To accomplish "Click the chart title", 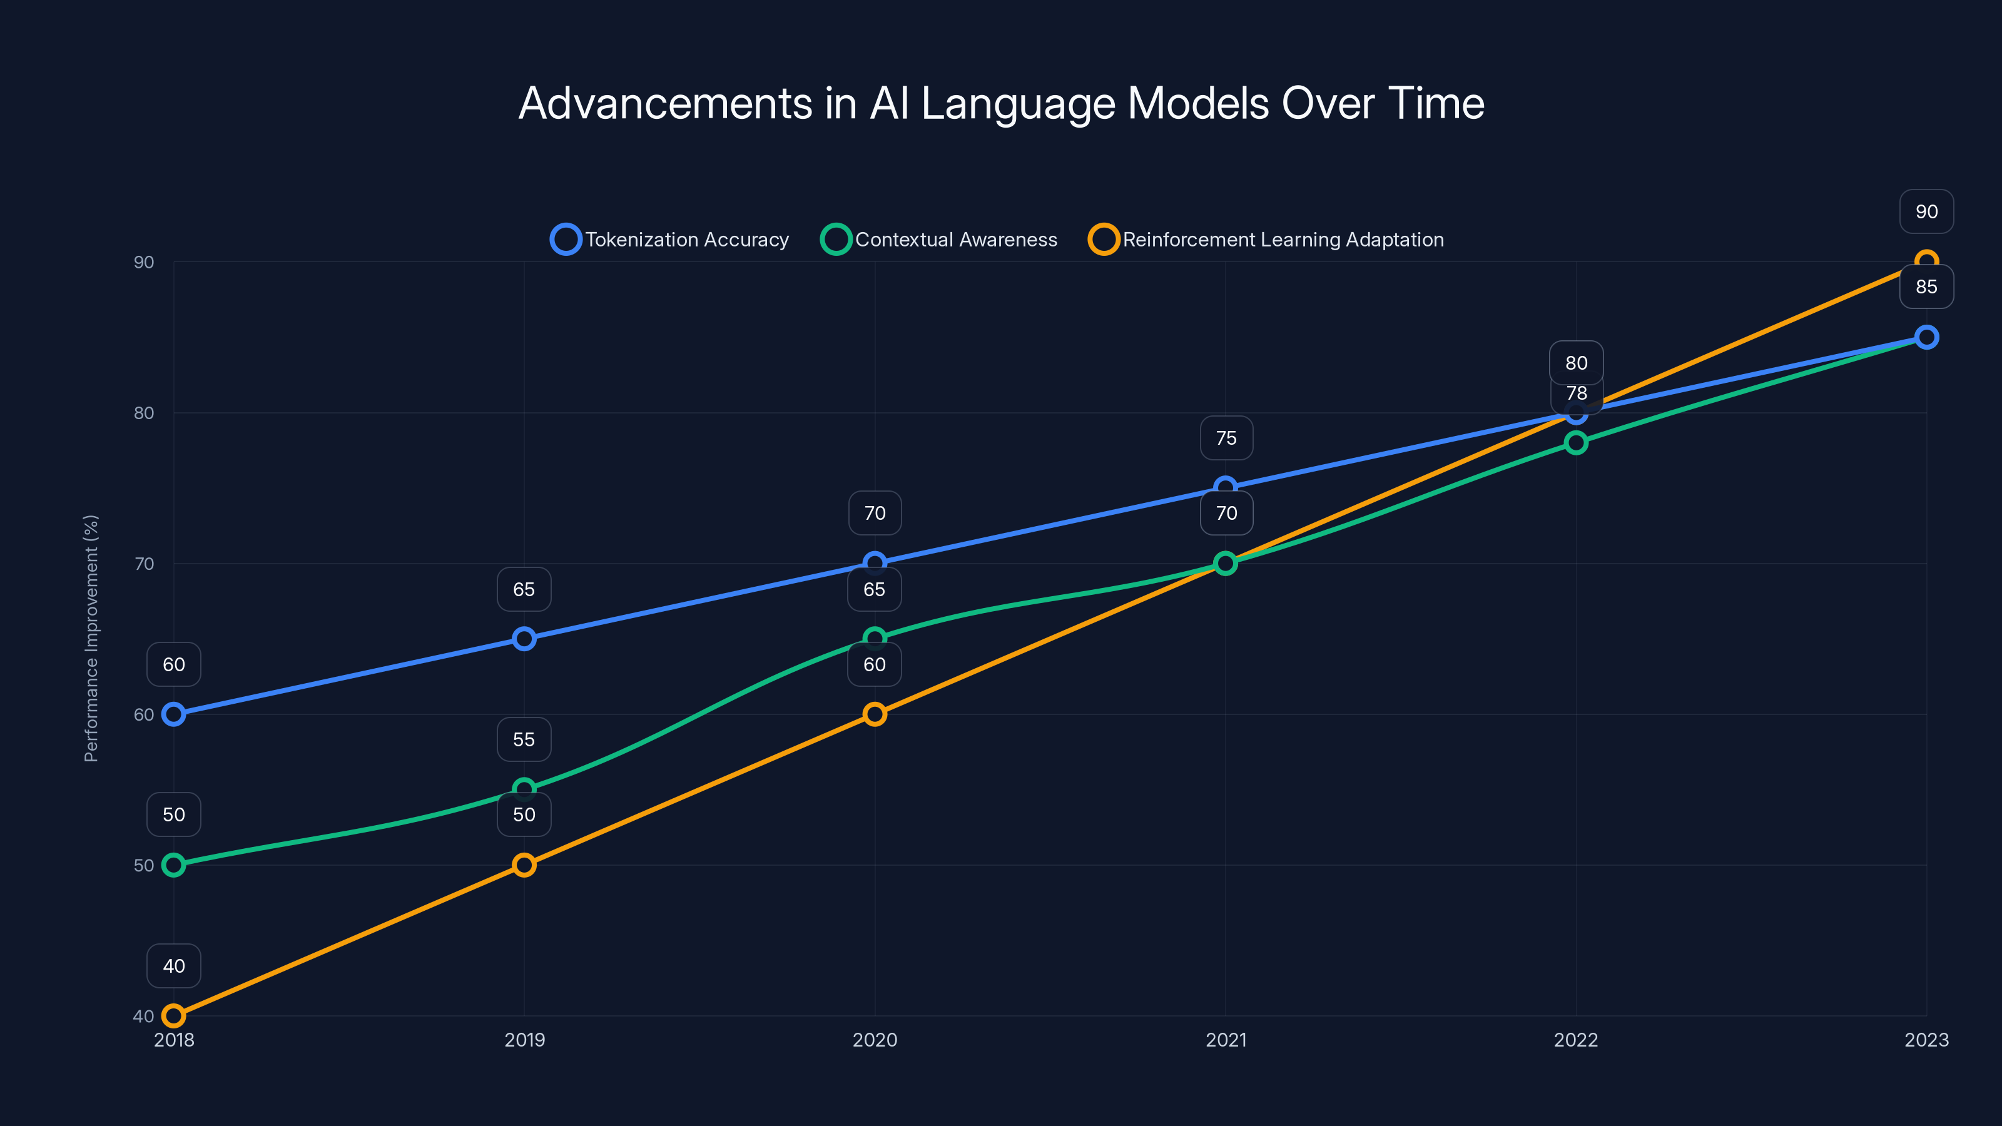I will (x=1001, y=103).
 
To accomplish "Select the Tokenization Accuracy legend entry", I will (x=670, y=240).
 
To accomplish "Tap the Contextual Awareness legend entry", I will (x=939, y=240).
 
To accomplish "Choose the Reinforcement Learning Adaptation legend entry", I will (x=1266, y=240).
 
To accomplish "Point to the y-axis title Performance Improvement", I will (x=91, y=638).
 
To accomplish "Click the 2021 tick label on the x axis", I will (x=1226, y=1040).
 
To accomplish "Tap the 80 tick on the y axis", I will (x=144, y=413).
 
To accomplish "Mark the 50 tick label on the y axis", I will (x=144, y=865).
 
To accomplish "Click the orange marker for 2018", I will (x=174, y=1016).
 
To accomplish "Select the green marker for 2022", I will (x=1576, y=443).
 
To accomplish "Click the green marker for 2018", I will (x=174, y=865).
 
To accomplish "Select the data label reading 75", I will (x=1226, y=439).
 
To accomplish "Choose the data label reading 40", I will (x=174, y=966).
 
